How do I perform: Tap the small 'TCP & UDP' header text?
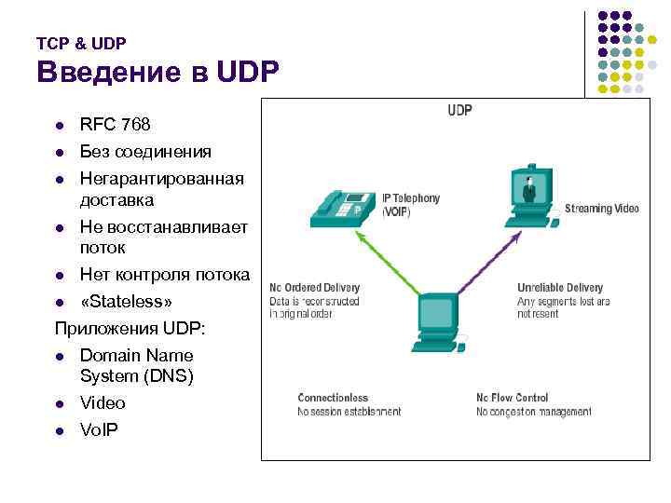[x=81, y=43]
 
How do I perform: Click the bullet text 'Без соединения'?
[x=145, y=151]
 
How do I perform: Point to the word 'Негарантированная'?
[x=162, y=178]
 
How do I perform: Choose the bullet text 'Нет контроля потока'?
[x=165, y=275]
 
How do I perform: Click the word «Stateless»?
[x=126, y=302]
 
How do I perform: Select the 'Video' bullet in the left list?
[x=103, y=403]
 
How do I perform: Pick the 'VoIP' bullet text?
[x=99, y=430]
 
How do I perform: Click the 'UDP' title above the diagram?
[x=459, y=111]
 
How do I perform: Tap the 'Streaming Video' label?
[x=601, y=209]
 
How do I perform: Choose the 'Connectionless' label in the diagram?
[x=333, y=398]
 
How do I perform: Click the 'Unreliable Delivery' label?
[x=560, y=288]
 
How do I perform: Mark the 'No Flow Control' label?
[x=512, y=398]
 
